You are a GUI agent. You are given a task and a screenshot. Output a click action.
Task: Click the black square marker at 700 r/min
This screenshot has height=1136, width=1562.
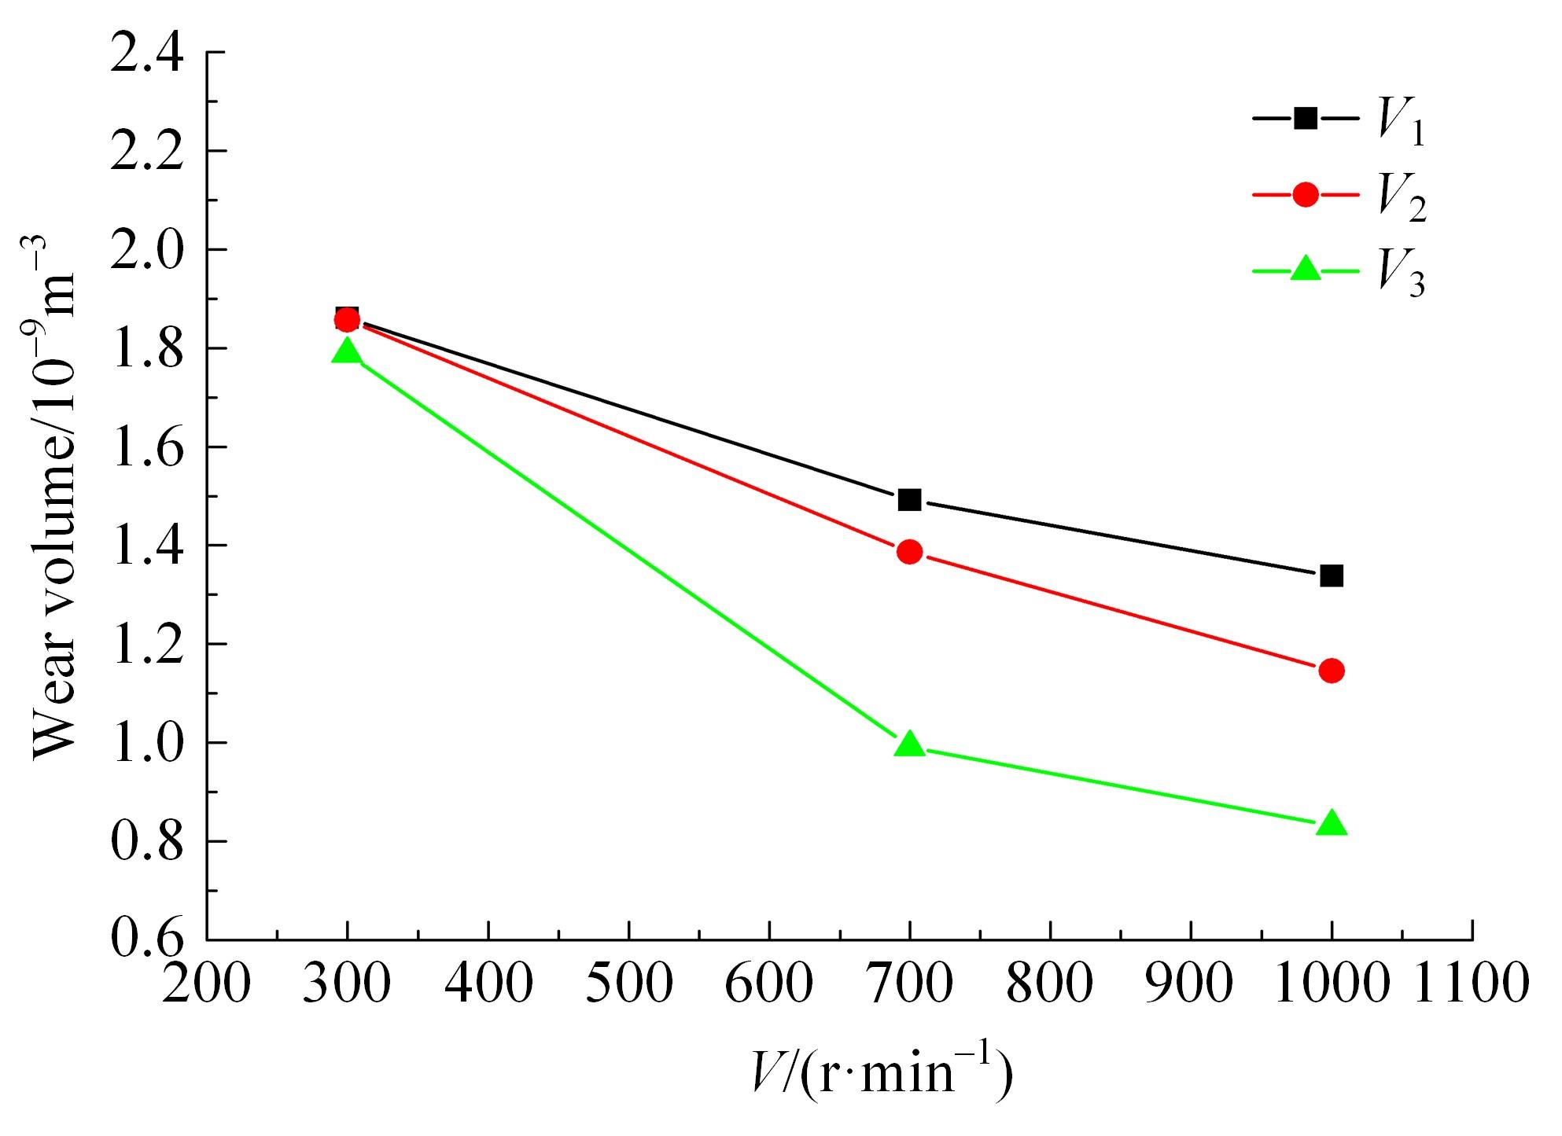coord(909,500)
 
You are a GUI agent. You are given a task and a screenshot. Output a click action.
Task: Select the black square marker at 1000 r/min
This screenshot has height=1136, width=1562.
coord(1331,576)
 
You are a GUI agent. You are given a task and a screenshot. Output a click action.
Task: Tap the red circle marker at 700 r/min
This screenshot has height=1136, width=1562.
coord(909,552)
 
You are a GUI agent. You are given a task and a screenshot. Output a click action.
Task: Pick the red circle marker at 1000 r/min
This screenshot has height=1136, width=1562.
coord(1331,671)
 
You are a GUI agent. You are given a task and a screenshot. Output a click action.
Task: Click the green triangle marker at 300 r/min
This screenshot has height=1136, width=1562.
coord(347,351)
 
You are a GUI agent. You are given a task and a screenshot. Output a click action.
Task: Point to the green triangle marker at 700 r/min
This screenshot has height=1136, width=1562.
coord(909,744)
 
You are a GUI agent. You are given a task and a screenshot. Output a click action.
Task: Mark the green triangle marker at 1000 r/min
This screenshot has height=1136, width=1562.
coord(1331,824)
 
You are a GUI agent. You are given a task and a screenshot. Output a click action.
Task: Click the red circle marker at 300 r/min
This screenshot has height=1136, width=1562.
coord(347,320)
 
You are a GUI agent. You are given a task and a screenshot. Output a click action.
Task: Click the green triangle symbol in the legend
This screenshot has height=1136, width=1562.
coord(1306,269)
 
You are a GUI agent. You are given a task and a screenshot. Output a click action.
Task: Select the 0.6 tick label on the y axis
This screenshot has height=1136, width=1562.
coord(146,939)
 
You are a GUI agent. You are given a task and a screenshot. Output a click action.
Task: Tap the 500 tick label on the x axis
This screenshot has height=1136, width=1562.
coord(628,983)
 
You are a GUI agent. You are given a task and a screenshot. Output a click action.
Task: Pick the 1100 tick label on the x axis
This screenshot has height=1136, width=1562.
coord(1472,983)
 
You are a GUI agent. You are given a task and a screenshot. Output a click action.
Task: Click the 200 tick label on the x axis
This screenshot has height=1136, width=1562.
coord(206,983)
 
